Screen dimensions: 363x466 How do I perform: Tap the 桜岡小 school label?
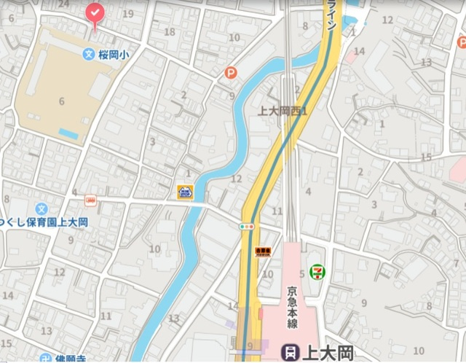[114, 54]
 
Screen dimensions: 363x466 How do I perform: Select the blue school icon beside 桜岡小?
[88, 54]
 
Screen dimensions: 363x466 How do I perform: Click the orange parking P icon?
[231, 73]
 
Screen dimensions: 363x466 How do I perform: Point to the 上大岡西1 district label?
[284, 112]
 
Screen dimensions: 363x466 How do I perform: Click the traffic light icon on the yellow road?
[248, 227]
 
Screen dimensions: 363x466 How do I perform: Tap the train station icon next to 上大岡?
[291, 353]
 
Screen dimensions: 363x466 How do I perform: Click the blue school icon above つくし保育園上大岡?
[42, 208]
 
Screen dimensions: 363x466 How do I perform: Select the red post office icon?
[91, 200]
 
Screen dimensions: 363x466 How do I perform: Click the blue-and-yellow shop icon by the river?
[185, 192]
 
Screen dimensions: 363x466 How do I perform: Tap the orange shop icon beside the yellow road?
[262, 251]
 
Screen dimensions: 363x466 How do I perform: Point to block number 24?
[63, 4]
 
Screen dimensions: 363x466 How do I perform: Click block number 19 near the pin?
[128, 13]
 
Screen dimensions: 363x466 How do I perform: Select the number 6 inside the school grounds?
[61, 101]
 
